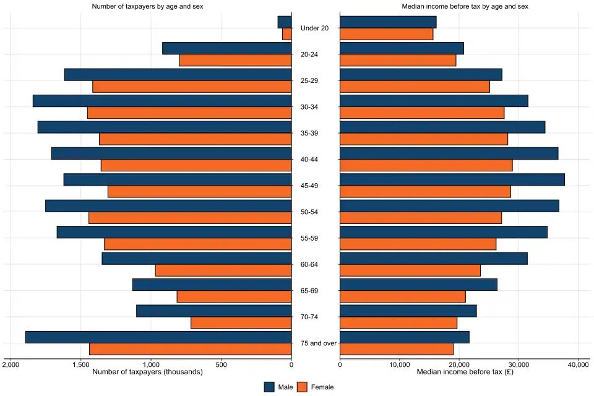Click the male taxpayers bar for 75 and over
[x=158, y=337]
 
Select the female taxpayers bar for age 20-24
[x=235, y=61]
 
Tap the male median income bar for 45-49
[x=452, y=179]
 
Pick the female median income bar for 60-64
[x=410, y=270]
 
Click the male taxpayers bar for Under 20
[x=285, y=22]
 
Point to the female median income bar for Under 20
[x=387, y=35]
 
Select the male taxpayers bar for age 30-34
[x=162, y=101]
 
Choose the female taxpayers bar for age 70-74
[x=241, y=323]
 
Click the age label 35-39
[x=315, y=133]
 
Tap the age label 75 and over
[x=315, y=343]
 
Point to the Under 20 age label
[x=315, y=28]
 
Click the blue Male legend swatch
[x=270, y=387]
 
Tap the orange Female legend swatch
[x=303, y=387]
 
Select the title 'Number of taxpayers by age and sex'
[x=147, y=6]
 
